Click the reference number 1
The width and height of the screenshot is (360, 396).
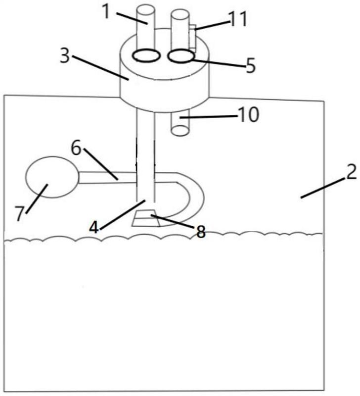[x=107, y=11]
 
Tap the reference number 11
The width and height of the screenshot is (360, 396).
[x=238, y=19]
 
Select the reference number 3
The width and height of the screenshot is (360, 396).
[x=65, y=56]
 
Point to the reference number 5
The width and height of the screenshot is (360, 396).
[x=251, y=66]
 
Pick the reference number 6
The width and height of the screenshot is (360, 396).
[x=76, y=148]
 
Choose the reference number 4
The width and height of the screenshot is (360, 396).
[x=93, y=228]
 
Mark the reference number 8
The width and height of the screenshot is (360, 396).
[x=201, y=232]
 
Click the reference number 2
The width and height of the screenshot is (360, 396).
[x=351, y=172]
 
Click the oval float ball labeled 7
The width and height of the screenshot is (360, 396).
[x=52, y=177]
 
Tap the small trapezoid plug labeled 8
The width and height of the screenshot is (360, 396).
[x=145, y=218]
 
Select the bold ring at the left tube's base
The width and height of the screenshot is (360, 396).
[x=146, y=55]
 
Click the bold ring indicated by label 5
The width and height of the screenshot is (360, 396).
[x=181, y=56]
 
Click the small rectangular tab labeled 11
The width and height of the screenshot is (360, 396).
[x=192, y=37]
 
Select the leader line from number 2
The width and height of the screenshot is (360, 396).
[x=323, y=188]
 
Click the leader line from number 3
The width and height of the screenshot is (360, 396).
[x=101, y=68]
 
